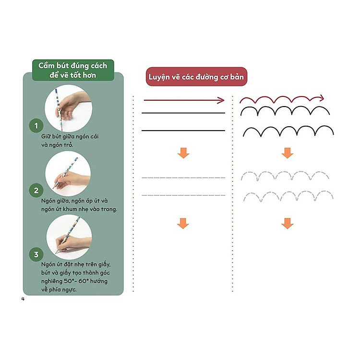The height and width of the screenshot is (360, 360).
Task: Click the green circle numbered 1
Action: point(36,126)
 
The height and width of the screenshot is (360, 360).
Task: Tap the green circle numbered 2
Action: point(36,191)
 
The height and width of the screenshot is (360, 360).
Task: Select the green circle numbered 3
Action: point(36,254)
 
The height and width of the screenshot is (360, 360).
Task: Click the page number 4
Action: point(23,299)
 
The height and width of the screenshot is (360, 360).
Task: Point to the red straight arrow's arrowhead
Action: point(221,100)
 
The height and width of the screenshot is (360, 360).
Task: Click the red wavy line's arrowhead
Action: point(321,98)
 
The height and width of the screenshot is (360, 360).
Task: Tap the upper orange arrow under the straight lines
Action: point(183,153)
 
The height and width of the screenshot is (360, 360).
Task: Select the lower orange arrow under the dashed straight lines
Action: point(183,223)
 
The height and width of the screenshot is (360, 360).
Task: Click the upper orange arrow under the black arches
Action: point(288,153)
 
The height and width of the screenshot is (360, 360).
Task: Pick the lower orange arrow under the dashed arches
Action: point(288,223)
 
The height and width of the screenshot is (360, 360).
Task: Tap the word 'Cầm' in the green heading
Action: point(47,65)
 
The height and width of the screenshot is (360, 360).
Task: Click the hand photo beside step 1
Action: point(69,108)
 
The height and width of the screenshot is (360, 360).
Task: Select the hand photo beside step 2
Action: point(68,174)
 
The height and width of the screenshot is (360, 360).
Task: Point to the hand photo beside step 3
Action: point(69,237)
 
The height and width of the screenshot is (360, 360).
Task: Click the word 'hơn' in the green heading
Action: point(89,75)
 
